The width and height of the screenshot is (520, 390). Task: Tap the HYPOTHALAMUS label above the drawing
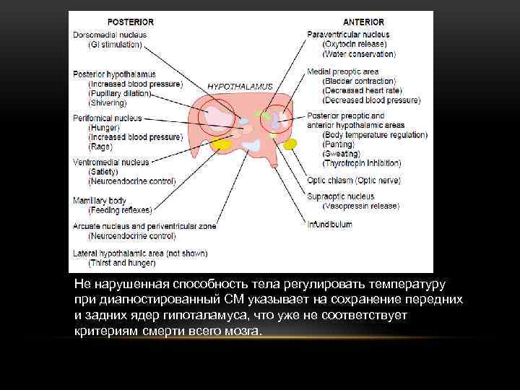pyautogui.click(x=240, y=86)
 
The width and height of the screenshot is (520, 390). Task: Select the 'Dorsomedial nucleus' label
pyautogui.click(x=110, y=34)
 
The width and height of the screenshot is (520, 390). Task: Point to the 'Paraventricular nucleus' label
pyautogui.click(x=348, y=34)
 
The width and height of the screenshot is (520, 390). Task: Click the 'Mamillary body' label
pyautogui.click(x=100, y=200)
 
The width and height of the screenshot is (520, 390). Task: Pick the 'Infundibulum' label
pyautogui.click(x=330, y=225)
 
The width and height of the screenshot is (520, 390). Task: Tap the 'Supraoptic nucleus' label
pyautogui.click(x=341, y=196)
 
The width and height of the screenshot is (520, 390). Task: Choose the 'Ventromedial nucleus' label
pyautogui.click(x=110, y=162)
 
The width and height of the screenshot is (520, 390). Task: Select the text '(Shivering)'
pyautogui.click(x=108, y=103)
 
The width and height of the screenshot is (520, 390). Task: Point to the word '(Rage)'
pyautogui.click(x=100, y=147)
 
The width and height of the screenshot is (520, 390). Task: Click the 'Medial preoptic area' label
pyautogui.click(x=342, y=71)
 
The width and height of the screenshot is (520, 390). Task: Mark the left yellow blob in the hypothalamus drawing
pyautogui.click(x=222, y=144)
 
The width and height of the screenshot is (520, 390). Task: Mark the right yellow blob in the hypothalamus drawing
pyautogui.click(x=290, y=144)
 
